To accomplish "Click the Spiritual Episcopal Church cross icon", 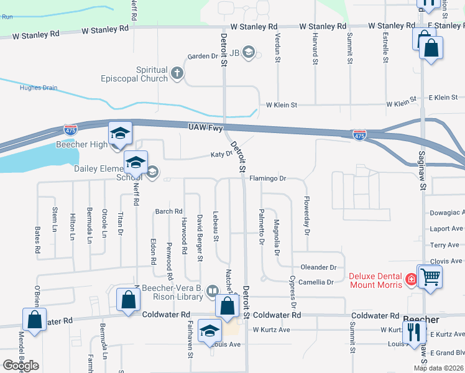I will click(177, 74).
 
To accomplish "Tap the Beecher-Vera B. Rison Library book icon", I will click(213, 291).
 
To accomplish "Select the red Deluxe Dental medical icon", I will click(410, 280).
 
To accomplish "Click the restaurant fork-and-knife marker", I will click(413, 334).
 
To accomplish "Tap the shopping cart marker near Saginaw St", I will click(430, 275).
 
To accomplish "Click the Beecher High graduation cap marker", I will click(120, 133).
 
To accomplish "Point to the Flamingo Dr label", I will click(267, 178).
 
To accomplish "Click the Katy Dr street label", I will click(221, 154).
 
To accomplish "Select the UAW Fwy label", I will click(206, 127).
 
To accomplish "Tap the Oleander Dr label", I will click(318, 267).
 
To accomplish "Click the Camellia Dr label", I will click(316, 282).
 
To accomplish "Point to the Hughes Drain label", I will click(39, 88).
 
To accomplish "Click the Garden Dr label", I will click(203, 56).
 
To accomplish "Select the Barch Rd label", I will click(169, 211).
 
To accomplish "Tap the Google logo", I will click(21, 366).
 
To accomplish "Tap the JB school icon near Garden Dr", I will click(249, 52).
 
